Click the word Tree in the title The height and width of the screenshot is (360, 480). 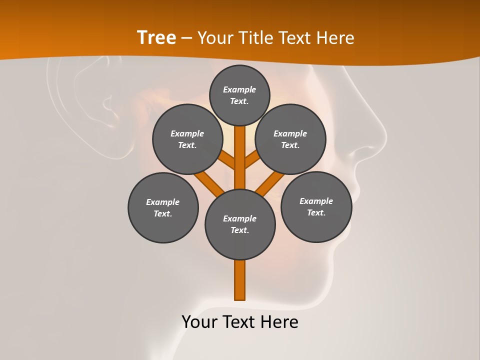[156, 37]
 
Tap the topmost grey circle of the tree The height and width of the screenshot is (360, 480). [239, 95]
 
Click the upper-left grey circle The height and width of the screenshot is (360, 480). [187, 139]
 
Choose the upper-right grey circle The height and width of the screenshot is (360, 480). [290, 139]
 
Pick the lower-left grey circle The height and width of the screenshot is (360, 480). [163, 207]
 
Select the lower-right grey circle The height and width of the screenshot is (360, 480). [316, 206]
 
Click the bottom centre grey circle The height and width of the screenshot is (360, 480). [240, 224]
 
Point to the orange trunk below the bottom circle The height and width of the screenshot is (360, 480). [240, 280]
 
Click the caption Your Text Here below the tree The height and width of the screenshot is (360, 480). [240, 322]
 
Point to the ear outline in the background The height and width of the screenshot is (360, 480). [90, 100]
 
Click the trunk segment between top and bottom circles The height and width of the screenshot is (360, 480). [240, 157]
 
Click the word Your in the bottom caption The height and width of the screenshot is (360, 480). [200, 322]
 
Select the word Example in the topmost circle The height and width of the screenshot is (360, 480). [239, 90]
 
